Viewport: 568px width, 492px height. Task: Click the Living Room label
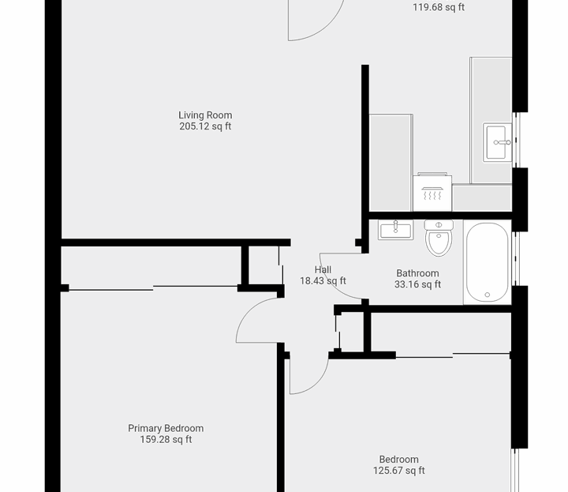pos(205,115)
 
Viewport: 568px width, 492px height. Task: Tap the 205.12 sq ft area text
pos(205,126)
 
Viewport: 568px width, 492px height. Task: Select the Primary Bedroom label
pos(166,429)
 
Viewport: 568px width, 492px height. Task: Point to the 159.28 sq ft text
pos(166,440)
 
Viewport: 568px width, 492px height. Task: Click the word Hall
pos(323,269)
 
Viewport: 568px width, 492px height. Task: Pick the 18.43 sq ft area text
pos(323,280)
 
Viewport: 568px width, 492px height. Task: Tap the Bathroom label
pos(417,273)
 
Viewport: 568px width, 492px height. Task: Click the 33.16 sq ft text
pos(417,284)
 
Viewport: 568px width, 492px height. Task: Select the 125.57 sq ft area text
pos(398,471)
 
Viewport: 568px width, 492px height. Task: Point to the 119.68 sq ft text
pos(439,8)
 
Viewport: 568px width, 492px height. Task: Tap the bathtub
pos(487,262)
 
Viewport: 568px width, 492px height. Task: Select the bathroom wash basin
pos(395,230)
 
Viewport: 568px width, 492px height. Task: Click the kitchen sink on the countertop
pos(497,142)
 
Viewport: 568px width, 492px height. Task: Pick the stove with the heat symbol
pos(432,193)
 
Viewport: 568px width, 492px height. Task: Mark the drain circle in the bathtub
pos(487,295)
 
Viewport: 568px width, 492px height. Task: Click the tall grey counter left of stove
pos(390,163)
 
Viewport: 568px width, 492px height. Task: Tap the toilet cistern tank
pos(439,225)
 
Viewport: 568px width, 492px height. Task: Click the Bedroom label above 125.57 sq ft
pos(398,460)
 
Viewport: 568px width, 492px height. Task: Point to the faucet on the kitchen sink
pos(499,143)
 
